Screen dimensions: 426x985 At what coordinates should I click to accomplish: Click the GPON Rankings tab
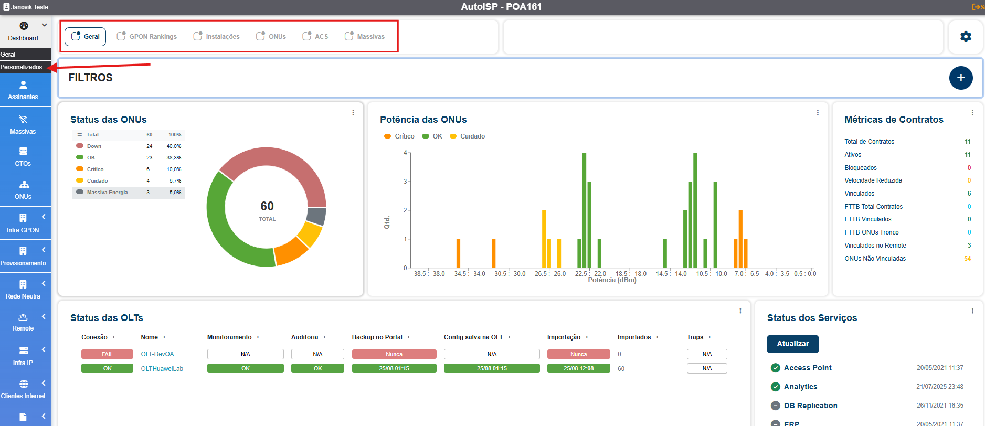point(147,37)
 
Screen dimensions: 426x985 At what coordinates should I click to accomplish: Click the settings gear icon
point(966,37)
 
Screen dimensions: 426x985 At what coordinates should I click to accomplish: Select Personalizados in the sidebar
point(22,67)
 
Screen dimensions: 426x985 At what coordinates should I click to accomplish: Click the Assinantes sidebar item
point(23,90)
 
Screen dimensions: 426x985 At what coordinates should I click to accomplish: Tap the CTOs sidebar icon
point(23,156)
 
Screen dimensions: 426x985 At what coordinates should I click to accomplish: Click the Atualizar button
point(792,344)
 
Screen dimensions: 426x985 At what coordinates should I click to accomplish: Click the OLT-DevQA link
point(157,354)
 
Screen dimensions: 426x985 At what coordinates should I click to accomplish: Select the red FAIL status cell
point(107,354)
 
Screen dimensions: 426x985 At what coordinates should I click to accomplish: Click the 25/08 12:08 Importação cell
point(578,368)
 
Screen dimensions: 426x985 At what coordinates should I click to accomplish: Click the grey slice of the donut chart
point(316,216)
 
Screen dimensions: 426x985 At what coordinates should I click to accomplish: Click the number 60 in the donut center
point(267,206)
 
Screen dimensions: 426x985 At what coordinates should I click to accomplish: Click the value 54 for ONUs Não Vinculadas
point(967,259)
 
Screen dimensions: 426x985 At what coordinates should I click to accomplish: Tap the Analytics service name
point(800,387)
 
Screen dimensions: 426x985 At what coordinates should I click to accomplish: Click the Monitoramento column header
point(229,337)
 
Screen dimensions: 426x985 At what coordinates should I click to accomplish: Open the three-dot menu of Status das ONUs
point(353,113)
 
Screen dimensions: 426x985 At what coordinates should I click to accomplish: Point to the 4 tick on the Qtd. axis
point(405,153)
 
